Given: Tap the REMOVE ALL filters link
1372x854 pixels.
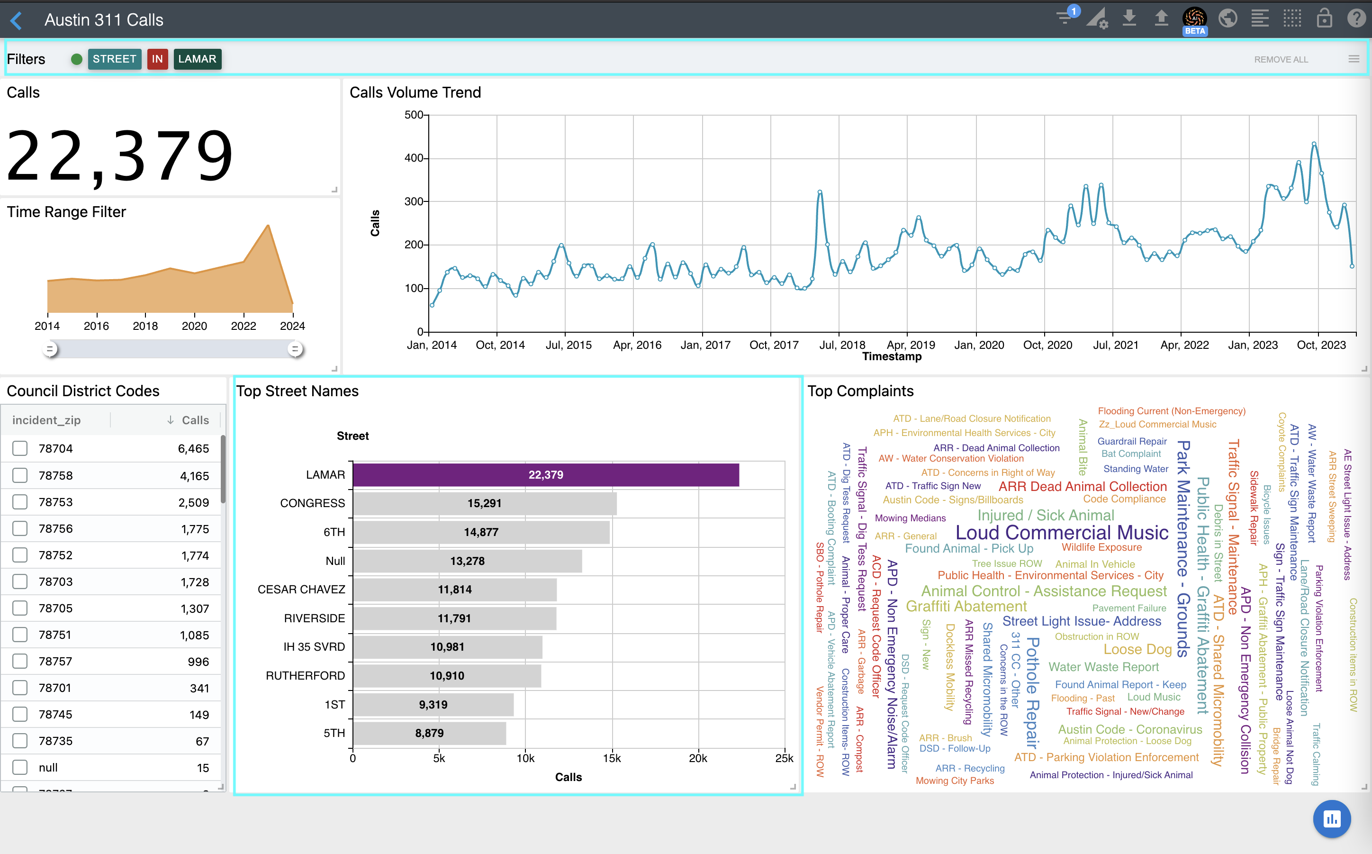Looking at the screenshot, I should tap(1281, 59).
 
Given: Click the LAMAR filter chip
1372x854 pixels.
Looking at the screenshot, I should tap(197, 59).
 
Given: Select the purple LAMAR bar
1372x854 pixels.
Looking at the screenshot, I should tap(545, 475).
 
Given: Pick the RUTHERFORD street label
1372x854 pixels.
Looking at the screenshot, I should tap(305, 675).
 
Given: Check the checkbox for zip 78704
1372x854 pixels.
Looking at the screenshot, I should tap(20, 448).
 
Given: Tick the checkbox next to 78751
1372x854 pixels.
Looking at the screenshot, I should tap(20, 635).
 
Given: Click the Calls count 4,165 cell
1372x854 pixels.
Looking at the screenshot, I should tap(194, 475).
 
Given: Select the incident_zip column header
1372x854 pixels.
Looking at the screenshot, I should tap(46, 420).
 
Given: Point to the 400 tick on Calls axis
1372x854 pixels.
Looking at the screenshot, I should tap(414, 158).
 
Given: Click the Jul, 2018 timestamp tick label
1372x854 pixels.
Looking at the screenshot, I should tap(842, 345).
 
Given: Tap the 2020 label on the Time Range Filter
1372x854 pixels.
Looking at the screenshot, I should tap(194, 326).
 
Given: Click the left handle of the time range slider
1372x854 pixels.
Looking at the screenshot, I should tap(50, 349).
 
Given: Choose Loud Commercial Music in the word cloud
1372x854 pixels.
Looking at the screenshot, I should tap(1062, 532).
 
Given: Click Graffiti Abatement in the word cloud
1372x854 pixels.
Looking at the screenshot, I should tap(966, 606).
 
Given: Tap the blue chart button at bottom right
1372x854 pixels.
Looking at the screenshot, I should tap(1332, 818).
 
